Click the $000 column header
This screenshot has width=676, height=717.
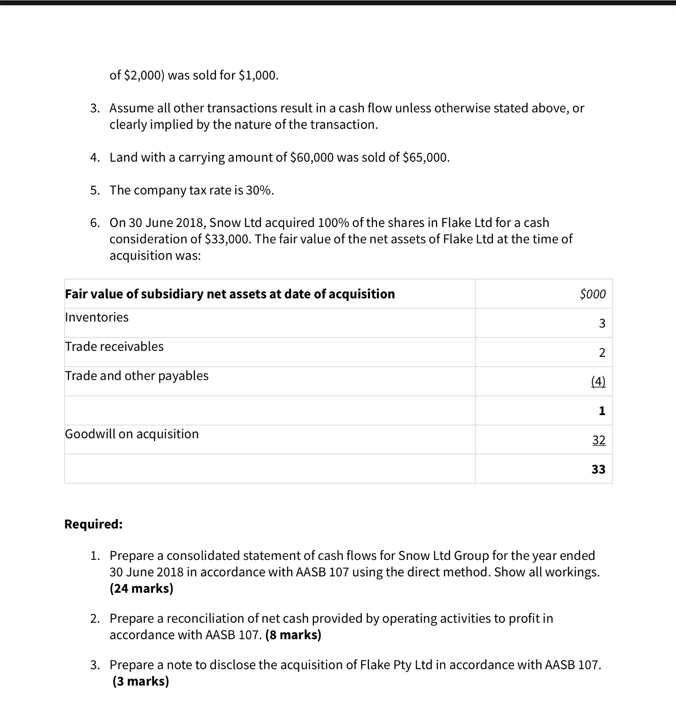(x=593, y=294)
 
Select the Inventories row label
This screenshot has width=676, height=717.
(x=97, y=318)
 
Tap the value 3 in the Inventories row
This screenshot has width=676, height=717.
(x=602, y=324)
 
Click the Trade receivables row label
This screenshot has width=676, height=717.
(x=114, y=347)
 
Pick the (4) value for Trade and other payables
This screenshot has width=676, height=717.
(x=598, y=382)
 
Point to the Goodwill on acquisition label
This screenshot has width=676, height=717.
(x=132, y=434)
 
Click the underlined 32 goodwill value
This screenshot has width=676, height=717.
(x=599, y=440)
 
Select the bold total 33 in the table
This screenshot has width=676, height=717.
(x=598, y=469)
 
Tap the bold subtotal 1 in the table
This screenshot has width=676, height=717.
(x=602, y=411)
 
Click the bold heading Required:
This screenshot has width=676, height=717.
(x=93, y=524)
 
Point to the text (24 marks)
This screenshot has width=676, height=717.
(x=142, y=588)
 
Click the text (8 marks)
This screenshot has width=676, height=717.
(x=293, y=635)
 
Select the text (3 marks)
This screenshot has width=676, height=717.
(x=141, y=681)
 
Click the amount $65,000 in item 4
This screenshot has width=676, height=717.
(x=425, y=158)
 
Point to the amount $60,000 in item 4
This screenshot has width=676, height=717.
(x=312, y=158)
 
